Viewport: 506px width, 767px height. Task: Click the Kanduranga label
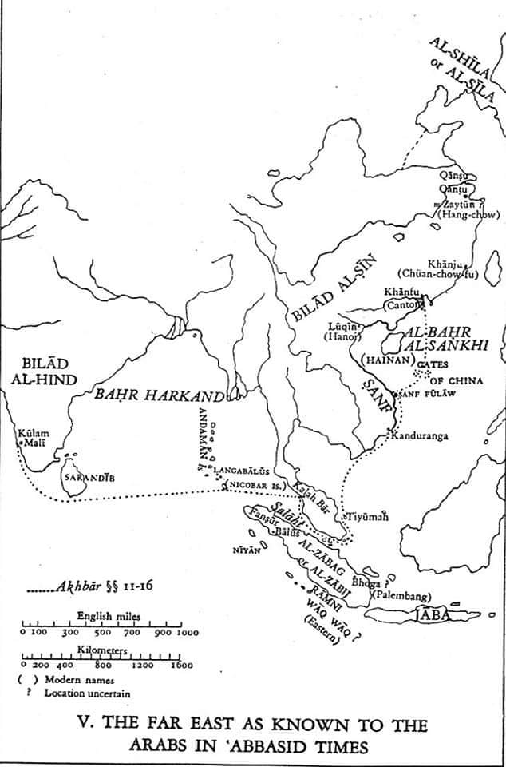tap(418, 436)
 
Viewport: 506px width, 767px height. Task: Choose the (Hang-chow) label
tap(472, 214)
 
